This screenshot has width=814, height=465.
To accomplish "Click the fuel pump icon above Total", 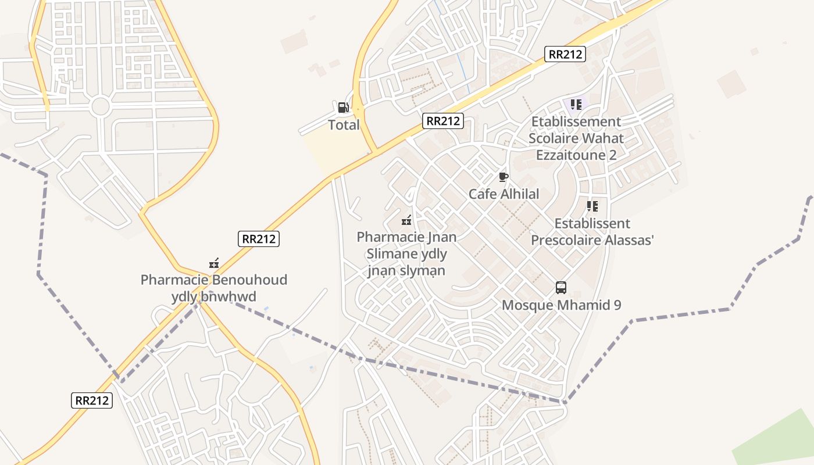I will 343,108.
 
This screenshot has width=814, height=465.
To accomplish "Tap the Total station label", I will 344,125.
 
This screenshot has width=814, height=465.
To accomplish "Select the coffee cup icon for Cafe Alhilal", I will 504,177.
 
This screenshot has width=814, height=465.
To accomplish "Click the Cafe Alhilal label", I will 504,194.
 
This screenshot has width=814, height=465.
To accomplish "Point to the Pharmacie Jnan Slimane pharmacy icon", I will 406,220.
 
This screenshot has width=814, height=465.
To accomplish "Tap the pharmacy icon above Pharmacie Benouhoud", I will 214,263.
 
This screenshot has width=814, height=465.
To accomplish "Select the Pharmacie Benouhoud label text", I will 213,280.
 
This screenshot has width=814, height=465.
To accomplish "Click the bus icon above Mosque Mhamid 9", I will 561,288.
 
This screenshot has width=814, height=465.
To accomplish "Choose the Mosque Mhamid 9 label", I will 561,305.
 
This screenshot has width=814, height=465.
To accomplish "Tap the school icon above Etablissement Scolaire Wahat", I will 576,105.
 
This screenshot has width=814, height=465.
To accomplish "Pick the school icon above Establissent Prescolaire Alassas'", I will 592,206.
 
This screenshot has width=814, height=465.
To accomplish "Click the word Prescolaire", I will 566,240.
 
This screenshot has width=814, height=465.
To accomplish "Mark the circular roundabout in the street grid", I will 100,106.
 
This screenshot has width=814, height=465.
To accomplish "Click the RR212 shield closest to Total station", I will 443,121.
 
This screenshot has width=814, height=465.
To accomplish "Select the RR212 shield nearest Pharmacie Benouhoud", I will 259,238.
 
